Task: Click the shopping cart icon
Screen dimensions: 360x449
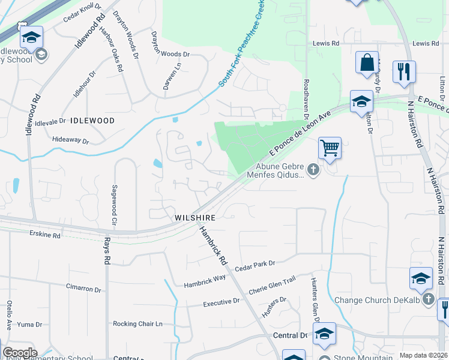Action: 330,148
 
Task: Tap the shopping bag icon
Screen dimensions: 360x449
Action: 367,62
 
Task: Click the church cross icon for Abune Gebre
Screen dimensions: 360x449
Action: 312,170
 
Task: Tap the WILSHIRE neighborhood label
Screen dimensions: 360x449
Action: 194,217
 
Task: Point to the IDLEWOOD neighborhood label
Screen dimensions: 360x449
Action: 92,121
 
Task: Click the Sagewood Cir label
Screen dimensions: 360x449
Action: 113,205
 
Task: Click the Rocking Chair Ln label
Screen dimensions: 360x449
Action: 137,324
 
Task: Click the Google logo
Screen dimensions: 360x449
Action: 19,353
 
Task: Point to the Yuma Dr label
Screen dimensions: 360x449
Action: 30,325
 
